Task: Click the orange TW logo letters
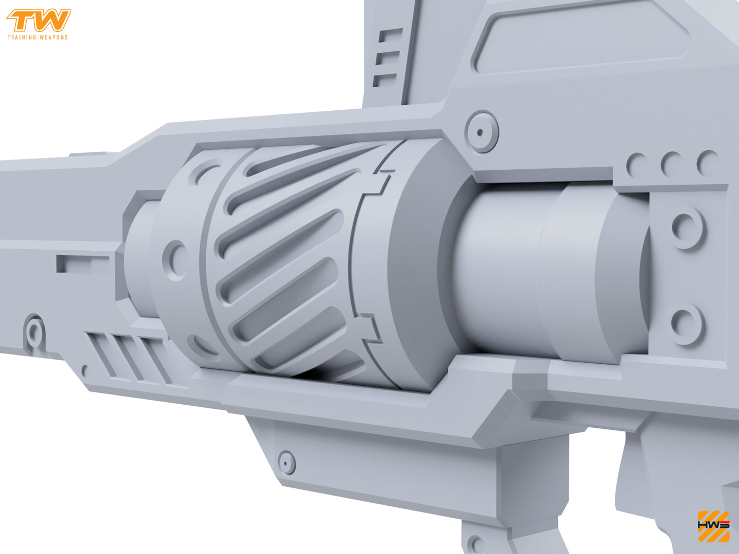click(38, 21)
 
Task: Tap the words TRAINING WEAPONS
click(37, 37)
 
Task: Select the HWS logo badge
click(713, 526)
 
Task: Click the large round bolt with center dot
click(481, 132)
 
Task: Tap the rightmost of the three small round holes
click(708, 162)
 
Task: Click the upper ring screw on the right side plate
click(687, 227)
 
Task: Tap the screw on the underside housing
click(286, 462)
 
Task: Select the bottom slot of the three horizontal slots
click(385, 80)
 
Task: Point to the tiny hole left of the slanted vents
click(85, 369)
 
